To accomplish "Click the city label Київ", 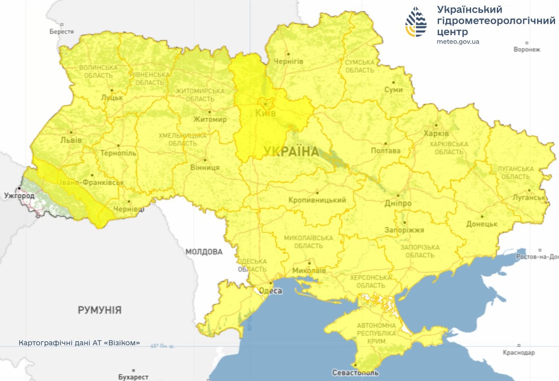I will pos(265,113).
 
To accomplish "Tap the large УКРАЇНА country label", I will pos(291,152).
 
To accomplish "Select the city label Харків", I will pos(436,133).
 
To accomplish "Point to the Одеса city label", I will pos(271,291).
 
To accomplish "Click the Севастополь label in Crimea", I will pos(355,373).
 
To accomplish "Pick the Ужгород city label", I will pos(19,196).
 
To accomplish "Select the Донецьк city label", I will pos(482,224).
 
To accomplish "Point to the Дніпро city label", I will pos(398,203).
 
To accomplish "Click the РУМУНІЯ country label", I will pos(100,310).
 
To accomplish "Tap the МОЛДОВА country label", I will pos(204,252).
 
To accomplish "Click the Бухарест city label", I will pos(133,377).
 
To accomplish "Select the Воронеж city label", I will pos(527,50).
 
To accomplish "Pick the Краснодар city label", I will pos(518,352).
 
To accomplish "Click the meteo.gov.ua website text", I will pos(458,42).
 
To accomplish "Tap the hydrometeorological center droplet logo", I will pos(416,22).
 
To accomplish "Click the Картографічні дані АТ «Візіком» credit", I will pos(79,343).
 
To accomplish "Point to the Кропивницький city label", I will pos(317,200).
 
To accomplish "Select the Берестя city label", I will pos(61,31).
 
